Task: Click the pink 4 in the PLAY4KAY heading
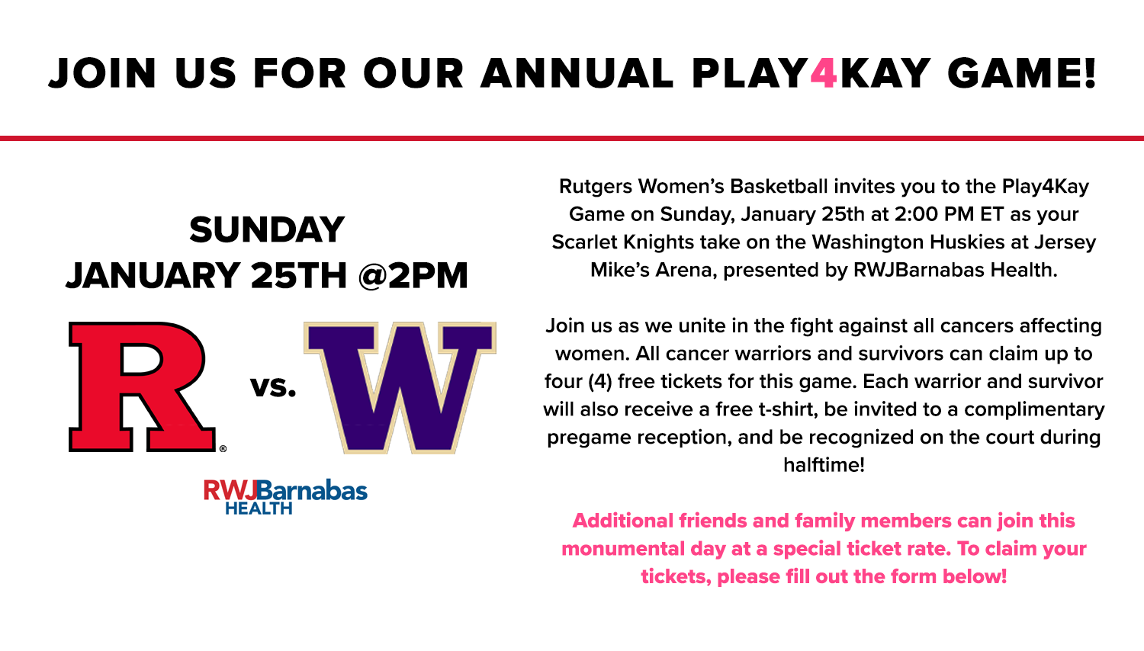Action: (823, 72)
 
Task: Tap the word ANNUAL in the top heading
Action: (577, 72)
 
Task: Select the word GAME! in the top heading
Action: (1022, 72)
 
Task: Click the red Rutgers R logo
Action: (142, 386)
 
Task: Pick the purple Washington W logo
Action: (400, 387)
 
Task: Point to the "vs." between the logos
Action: (273, 387)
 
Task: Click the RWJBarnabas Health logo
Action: (285, 496)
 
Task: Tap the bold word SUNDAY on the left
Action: (267, 229)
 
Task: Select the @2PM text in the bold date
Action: (413, 276)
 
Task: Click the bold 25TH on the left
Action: (299, 276)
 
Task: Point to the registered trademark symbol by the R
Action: (223, 449)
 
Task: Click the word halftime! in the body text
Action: (824, 465)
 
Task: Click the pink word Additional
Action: (622, 521)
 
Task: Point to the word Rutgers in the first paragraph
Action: (596, 186)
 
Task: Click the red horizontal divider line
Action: (572, 138)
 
